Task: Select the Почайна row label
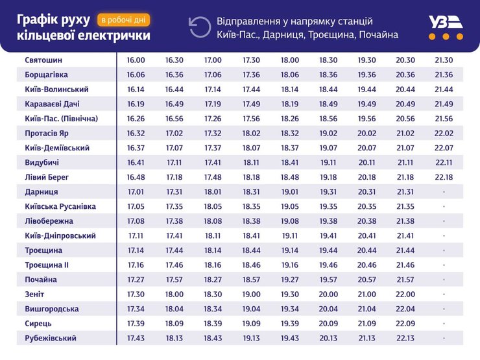point(41,280)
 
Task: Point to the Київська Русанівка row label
point(60,206)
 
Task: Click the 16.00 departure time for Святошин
point(136,60)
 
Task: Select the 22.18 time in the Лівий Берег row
point(444,177)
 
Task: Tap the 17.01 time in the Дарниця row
point(136,192)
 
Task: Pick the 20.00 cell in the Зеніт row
point(328,294)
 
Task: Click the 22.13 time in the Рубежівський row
point(405,338)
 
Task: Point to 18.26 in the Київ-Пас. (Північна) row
point(290,119)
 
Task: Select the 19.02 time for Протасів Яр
point(328,133)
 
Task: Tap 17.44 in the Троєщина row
point(174,250)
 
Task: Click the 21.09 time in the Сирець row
point(367,323)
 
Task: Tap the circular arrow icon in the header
point(199,27)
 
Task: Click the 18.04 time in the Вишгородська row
point(174,309)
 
